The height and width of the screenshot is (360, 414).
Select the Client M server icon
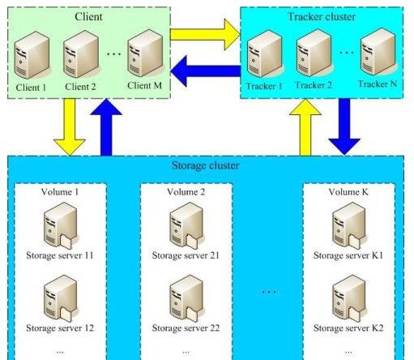[x=145, y=54]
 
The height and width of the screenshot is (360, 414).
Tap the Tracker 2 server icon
[x=314, y=54]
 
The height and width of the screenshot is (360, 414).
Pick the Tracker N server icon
[x=378, y=51]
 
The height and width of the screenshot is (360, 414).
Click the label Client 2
[x=80, y=87]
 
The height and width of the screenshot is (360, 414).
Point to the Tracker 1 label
[x=264, y=86]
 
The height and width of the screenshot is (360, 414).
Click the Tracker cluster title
[x=322, y=16]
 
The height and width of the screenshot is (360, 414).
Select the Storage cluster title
[x=206, y=165]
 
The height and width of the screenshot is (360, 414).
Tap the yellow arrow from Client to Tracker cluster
[x=206, y=35]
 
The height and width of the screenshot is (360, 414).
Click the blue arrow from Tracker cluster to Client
[x=206, y=71]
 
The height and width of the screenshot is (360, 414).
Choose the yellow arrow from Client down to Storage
[x=70, y=127]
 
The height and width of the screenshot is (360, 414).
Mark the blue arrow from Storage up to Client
[x=106, y=127]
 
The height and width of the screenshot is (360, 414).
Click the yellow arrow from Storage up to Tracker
[x=305, y=127]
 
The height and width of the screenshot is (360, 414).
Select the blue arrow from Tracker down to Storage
[x=344, y=127]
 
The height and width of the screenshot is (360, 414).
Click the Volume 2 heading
[x=186, y=192]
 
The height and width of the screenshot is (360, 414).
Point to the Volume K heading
[x=348, y=192]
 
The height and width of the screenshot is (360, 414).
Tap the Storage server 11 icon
[x=61, y=225]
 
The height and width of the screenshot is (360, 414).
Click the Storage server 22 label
[x=186, y=328]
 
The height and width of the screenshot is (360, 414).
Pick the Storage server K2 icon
[x=348, y=298]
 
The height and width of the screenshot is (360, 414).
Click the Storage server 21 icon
[x=186, y=225]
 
